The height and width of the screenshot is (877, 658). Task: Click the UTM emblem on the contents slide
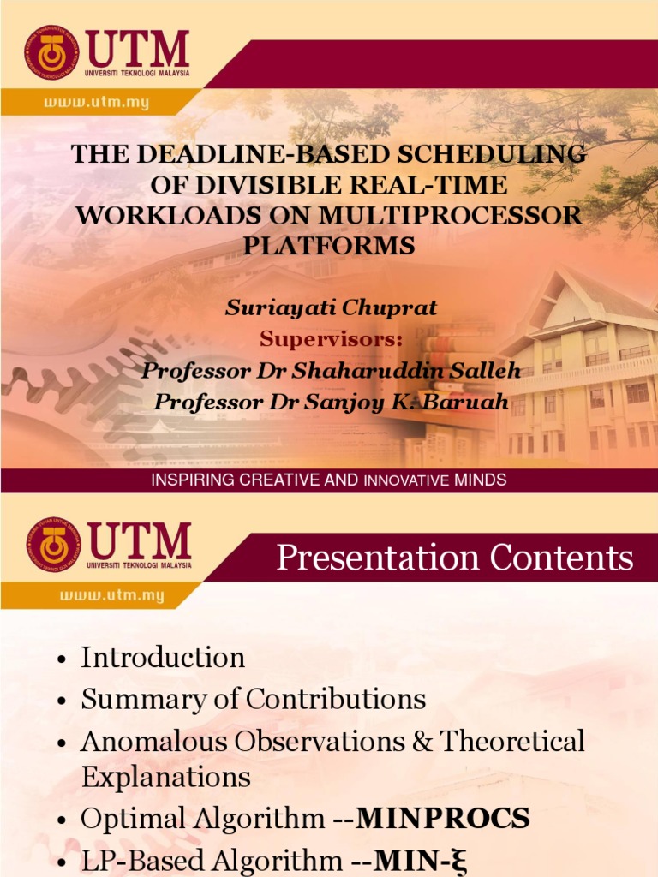coord(51,544)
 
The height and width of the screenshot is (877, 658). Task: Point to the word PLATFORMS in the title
coord(329,246)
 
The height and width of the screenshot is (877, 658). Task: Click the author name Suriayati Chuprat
coord(331,308)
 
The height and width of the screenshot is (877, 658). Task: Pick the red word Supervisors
coord(331,339)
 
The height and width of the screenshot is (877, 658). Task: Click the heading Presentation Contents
coord(455,558)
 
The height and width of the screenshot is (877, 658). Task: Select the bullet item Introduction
coord(163,658)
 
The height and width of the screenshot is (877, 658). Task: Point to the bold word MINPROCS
coord(443,820)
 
